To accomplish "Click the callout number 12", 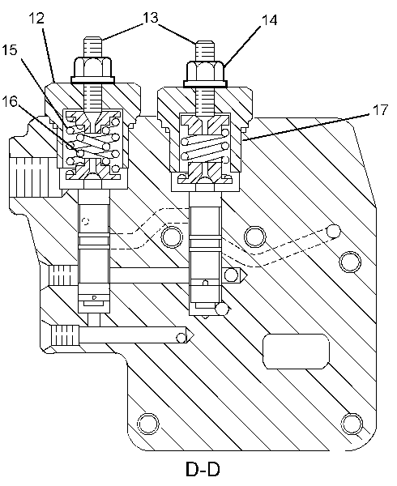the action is pos(36,19).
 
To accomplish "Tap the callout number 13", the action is pos(151,18).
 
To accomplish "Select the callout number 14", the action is pos(269,19).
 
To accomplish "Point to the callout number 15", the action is pos(10,50).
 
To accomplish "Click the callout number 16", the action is pos(10,101).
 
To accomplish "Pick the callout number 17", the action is pos(380,110).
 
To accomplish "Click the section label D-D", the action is pos(203,470).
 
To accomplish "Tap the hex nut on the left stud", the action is pos(92,70).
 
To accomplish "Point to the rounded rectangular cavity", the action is pos(296,352).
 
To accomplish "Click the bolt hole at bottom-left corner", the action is pos(147,424).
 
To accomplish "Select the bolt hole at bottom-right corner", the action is pos(352,423).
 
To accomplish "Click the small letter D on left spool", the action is pos(95,297).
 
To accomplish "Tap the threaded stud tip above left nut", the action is pos(92,46).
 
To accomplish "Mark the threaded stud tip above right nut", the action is pos(205,51).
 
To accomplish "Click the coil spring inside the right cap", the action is pos(205,147).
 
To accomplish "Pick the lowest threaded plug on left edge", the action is pos(65,335).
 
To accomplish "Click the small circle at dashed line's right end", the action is pos(334,231).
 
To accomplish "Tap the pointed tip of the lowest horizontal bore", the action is pos(194,335).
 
